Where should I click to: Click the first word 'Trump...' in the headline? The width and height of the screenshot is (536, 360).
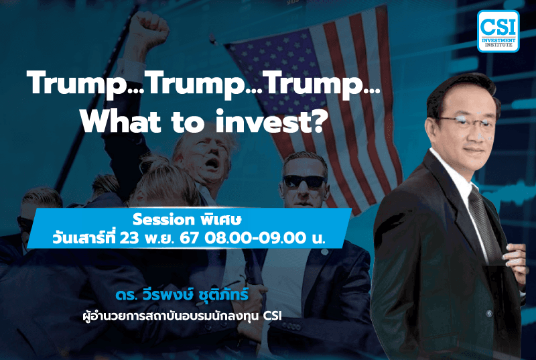point(83,86)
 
